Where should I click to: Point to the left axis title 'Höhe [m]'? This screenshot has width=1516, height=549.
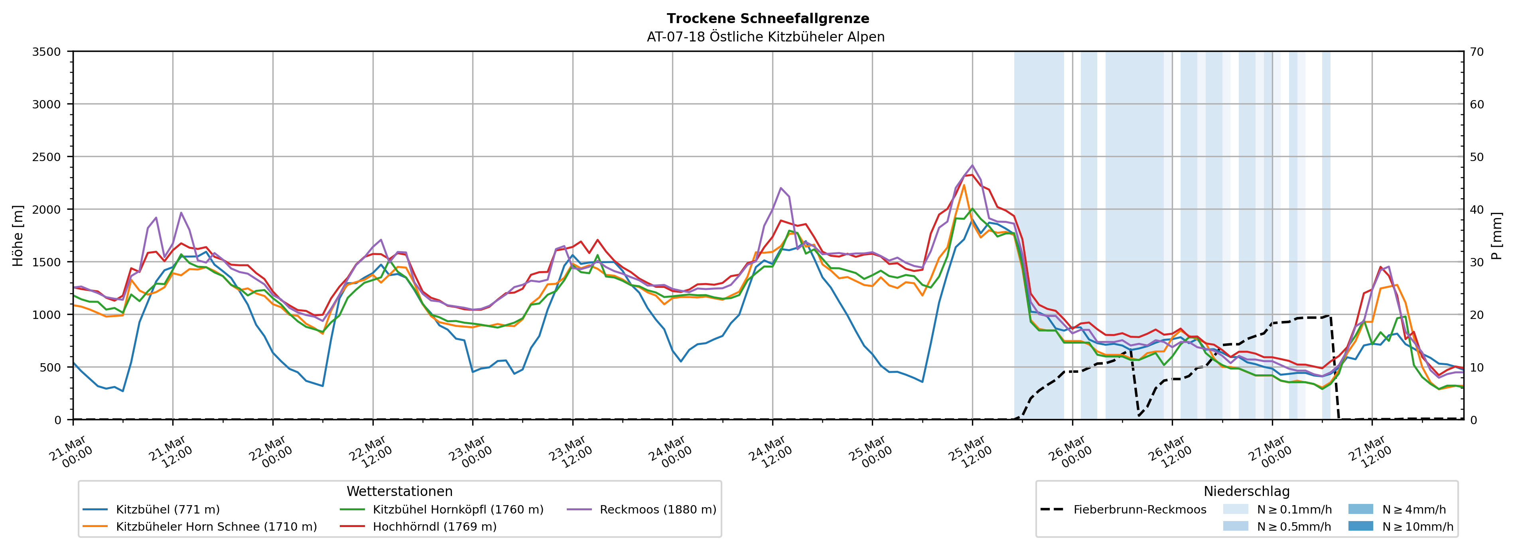18,235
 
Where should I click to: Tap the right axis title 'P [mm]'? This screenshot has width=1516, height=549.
1496,235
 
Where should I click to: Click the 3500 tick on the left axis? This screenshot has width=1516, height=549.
47,52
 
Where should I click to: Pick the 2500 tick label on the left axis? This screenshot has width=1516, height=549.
47,157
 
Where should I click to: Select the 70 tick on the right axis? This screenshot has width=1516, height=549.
1477,52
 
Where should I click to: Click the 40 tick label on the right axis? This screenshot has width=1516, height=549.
1477,209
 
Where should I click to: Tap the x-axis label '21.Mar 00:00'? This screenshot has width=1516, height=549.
71,452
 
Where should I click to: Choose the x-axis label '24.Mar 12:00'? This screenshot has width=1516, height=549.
770,452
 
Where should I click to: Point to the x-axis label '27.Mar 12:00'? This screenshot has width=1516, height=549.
1370,452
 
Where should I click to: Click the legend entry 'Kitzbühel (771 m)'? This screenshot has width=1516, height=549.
168,510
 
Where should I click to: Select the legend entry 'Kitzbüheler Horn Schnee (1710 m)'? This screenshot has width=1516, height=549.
216,527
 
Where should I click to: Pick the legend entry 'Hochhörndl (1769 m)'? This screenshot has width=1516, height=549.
434,527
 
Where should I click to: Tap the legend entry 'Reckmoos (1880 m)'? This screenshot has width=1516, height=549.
657,510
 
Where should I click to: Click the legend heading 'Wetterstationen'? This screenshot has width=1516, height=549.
400,491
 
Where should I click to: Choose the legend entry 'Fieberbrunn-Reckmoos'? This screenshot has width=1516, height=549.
1139,510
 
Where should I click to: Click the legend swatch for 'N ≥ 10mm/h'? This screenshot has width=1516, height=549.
1360,526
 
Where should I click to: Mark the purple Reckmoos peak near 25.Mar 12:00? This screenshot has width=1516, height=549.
972,165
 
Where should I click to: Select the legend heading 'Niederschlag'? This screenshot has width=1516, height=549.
1246,491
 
